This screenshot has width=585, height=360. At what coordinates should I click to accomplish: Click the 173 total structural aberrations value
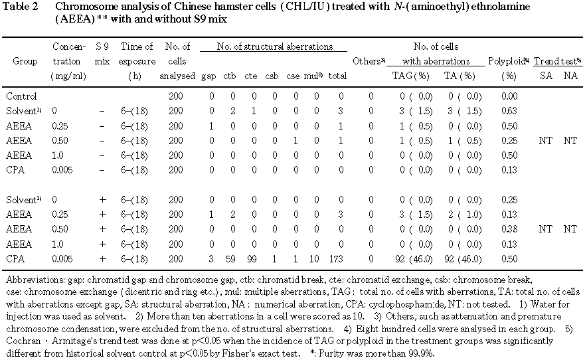[338, 258]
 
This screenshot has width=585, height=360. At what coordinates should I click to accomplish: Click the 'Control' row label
[19, 96]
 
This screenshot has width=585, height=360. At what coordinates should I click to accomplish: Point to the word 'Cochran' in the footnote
[21, 341]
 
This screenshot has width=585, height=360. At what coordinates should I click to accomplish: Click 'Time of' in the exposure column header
[139, 46]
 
